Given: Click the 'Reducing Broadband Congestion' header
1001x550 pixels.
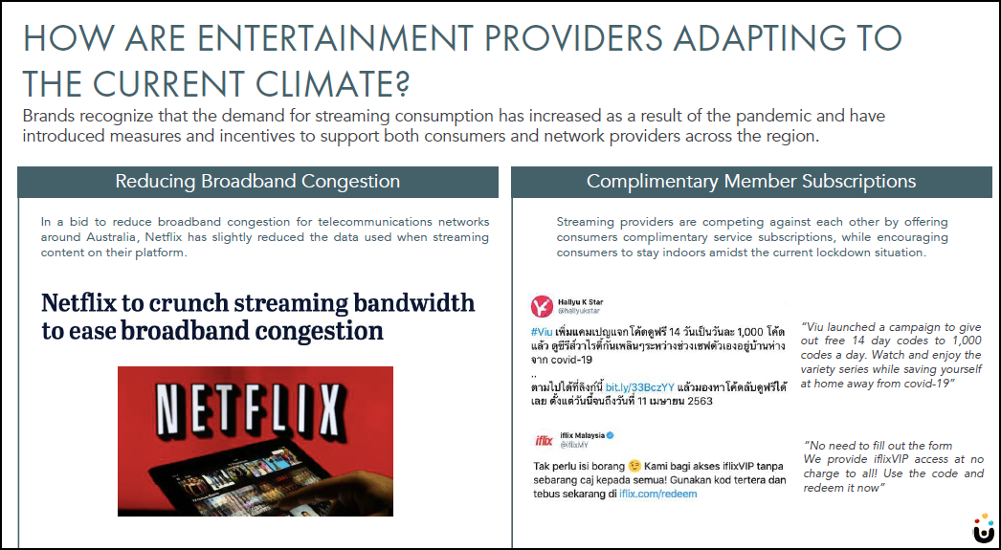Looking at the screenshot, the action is point(257,181).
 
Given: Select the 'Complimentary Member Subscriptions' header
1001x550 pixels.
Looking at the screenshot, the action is point(750,181).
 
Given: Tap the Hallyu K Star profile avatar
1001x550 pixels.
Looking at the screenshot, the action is point(542,306).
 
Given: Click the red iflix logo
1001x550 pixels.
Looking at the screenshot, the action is point(544,440).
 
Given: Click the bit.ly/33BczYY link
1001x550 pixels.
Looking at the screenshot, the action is point(639,387).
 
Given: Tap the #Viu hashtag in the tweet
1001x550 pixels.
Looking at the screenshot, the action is point(542,332).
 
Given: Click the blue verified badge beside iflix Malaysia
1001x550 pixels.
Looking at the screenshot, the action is point(611,435).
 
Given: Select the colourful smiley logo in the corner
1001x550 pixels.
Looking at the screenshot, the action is point(984,528).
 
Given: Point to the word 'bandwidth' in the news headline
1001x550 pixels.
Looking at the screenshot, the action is point(413,302).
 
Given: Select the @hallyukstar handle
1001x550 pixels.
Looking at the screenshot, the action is point(579,311).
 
